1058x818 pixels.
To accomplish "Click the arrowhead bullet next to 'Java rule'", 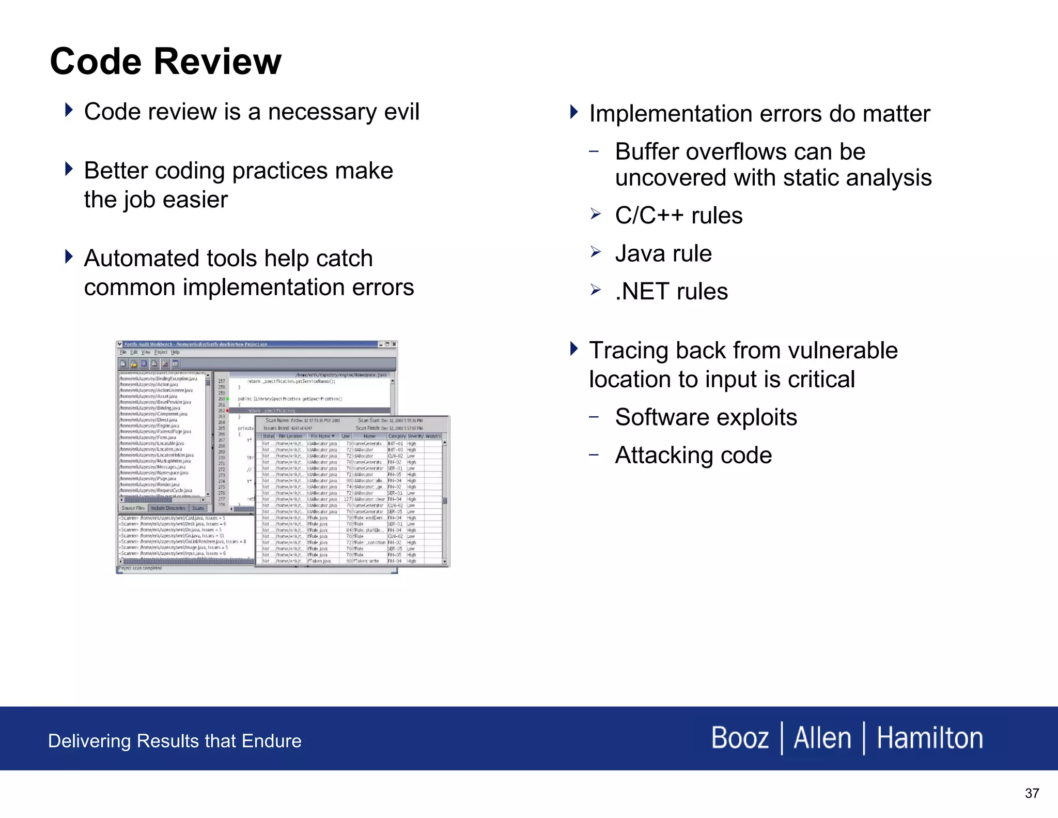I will (596, 252).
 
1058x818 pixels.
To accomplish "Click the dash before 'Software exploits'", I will (594, 416).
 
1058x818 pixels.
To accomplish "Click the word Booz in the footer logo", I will (739, 738).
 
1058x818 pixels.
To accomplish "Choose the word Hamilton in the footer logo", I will (929, 738).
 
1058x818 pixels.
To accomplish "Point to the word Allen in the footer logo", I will (822, 738).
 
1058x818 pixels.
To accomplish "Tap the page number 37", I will (1032, 793).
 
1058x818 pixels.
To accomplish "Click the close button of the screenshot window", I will (394, 344).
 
